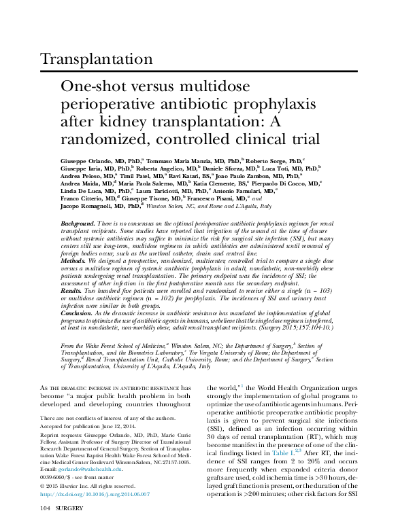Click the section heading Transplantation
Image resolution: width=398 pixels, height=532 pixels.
(97, 59)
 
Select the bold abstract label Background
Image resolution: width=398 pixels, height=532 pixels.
(76, 223)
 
